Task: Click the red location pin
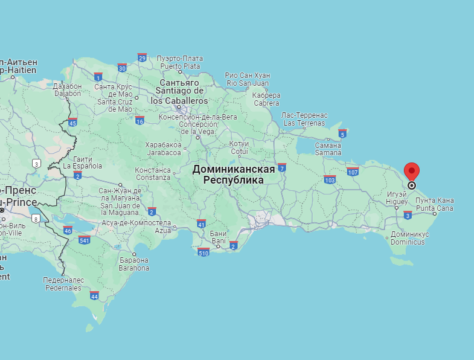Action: click(x=412, y=172)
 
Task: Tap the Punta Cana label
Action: click(x=434, y=204)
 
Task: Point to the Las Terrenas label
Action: click(x=305, y=119)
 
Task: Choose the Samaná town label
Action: click(x=328, y=149)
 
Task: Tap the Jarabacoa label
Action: click(x=163, y=149)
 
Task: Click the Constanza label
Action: click(x=152, y=174)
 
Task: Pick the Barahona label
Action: click(x=133, y=264)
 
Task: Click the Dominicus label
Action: click(x=409, y=238)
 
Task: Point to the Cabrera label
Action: click(x=266, y=99)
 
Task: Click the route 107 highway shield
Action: click(x=353, y=172)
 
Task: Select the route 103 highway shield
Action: click(x=330, y=179)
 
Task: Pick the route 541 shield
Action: click(x=84, y=240)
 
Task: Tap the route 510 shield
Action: click(x=203, y=252)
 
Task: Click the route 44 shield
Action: click(x=94, y=295)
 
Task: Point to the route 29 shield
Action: click(x=142, y=57)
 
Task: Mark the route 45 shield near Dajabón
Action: click(x=72, y=123)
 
